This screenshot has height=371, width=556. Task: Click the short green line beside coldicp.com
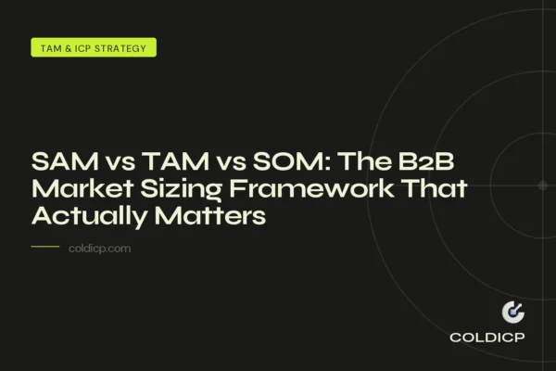point(45,248)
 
